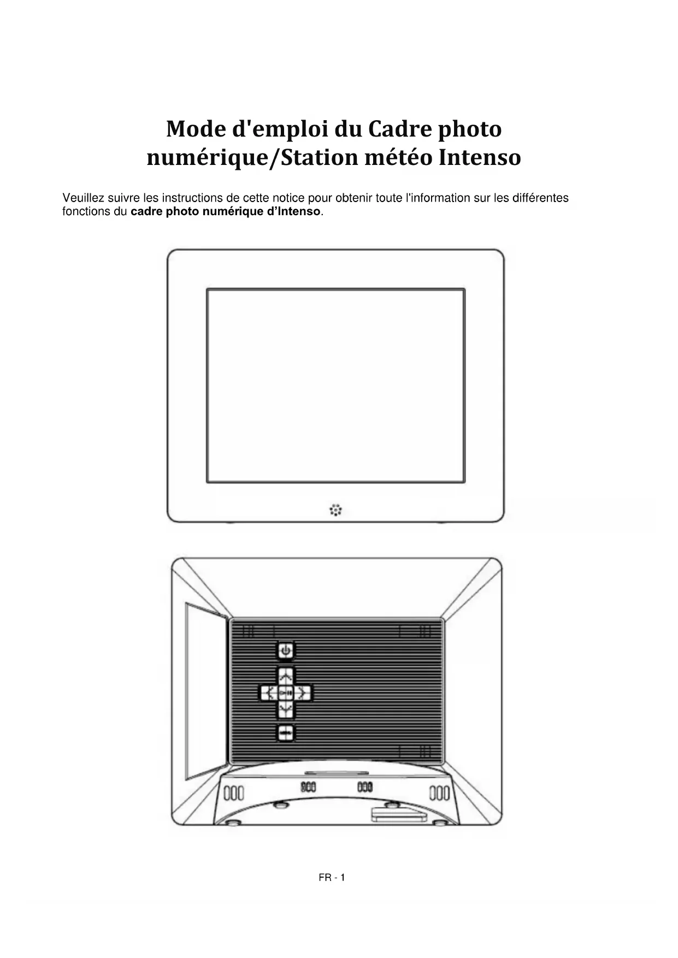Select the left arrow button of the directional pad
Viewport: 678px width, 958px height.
pyautogui.click(x=267, y=693)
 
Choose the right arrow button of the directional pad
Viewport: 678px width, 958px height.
pyautogui.click(x=303, y=693)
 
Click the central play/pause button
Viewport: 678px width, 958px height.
pyautogui.click(x=285, y=693)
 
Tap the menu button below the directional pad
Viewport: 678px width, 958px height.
pyautogui.click(x=285, y=732)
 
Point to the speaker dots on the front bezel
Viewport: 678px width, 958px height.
pyautogui.click(x=335, y=510)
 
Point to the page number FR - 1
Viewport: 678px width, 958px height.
pyautogui.click(x=332, y=878)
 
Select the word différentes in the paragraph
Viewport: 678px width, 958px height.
pyautogui.click(x=540, y=198)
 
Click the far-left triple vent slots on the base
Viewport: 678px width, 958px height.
pyautogui.click(x=235, y=793)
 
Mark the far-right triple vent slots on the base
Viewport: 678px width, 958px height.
pyautogui.click(x=439, y=793)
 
